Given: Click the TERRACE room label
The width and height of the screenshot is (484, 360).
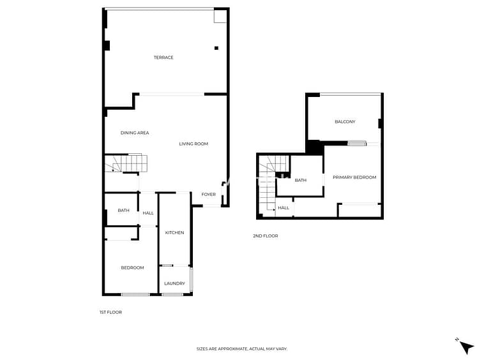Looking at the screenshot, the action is coord(163,57).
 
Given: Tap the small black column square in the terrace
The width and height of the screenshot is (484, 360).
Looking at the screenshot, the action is coord(216,48).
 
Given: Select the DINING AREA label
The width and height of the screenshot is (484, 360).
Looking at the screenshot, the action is coord(135,133).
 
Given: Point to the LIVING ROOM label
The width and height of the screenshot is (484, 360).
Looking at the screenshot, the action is coord(193,144).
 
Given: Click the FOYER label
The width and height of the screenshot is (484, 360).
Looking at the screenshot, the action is coord(208,194).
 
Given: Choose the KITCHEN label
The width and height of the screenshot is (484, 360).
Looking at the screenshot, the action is coord(174,232).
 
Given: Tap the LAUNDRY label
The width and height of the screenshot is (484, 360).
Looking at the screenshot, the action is coord(174,283).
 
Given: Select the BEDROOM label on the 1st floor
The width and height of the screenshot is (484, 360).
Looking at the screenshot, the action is coord(132,267).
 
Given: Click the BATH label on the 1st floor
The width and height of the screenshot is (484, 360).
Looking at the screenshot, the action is coord(123,211).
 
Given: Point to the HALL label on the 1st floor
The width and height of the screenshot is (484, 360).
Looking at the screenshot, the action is coord(148,213).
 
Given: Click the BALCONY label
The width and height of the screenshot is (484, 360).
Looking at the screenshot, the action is coord(345,121).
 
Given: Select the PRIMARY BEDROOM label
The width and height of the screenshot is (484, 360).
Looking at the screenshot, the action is coord(354,177).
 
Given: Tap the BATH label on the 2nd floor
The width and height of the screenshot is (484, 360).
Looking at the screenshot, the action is coord(301,180).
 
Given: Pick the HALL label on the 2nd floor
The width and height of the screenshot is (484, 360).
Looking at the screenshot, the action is coord(284,207).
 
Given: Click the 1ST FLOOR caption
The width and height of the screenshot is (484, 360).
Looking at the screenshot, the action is coord(110,312).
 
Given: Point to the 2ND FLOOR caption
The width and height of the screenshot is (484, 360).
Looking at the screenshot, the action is coord(266,236).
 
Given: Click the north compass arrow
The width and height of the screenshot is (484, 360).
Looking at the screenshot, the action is coord(466,347).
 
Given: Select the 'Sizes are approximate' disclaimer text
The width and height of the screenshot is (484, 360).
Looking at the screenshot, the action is coord(242,349).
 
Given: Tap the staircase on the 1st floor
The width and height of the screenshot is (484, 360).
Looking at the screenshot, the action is coord(126,163).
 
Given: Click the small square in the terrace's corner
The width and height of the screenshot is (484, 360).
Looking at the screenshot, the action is coord(220,17).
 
